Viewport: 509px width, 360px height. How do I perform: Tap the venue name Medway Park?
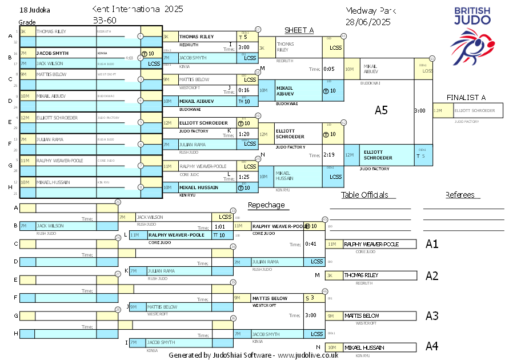tap(371, 11)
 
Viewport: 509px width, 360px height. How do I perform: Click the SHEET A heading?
tap(299, 30)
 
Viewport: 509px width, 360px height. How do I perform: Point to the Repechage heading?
tap(266, 205)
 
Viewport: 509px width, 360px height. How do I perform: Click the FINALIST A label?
tap(466, 98)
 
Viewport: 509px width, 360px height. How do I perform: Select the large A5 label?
tap(381, 110)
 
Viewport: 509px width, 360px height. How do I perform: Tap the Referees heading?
tap(460, 195)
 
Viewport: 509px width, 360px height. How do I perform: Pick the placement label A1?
tap(432, 244)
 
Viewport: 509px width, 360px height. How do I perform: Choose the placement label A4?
tap(432, 346)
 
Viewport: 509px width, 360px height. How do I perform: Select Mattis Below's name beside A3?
tap(362, 315)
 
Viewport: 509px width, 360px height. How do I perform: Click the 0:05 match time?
tap(328, 69)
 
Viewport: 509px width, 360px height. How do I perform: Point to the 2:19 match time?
tap(328, 155)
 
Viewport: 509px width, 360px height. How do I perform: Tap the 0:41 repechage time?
tap(311, 244)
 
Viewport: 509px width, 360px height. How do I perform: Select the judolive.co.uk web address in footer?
tap(308, 355)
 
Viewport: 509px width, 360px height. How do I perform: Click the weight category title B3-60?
tap(103, 21)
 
